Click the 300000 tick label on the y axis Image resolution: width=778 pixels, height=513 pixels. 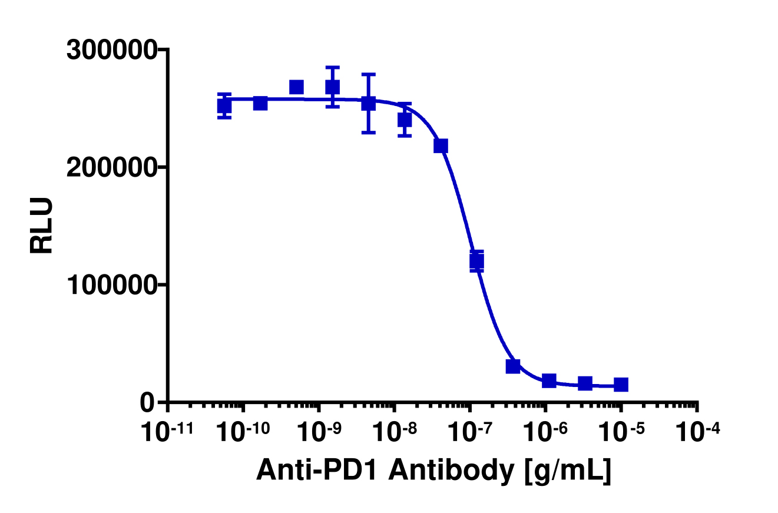(x=111, y=50)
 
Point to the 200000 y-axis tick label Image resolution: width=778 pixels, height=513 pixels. (x=111, y=168)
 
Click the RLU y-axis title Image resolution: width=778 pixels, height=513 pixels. (x=42, y=226)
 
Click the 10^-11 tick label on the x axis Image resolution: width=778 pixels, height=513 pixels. (x=168, y=434)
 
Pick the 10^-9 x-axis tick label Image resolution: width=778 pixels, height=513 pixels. (x=319, y=434)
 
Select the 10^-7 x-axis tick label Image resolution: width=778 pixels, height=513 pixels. (x=469, y=434)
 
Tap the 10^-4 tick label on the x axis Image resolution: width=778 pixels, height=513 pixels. (x=697, y=434)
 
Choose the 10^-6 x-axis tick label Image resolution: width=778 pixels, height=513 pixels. (x=545, y=434)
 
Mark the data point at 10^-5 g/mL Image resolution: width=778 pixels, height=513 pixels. (x=621, y=385)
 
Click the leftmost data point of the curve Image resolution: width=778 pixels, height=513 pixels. (x=224, y=106)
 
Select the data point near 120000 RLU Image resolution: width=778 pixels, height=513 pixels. (x=476, y=261)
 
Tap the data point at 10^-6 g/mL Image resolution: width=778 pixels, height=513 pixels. (x=549, y=380)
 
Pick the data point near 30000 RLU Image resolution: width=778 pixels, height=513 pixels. (x=513, y=366)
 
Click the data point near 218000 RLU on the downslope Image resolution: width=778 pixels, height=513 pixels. (x=441, y=145)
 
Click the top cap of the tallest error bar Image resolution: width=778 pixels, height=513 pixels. (x=369, y=75)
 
